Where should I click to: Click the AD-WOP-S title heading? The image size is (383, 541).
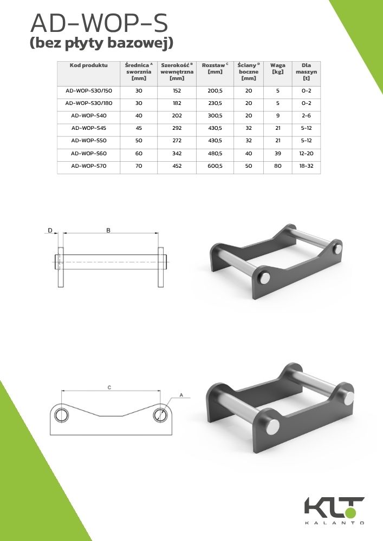[99, 24]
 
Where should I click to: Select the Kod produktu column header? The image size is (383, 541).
[88, 65]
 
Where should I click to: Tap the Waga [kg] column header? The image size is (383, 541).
[278, 68]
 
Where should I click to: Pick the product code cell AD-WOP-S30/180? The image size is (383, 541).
[89, 103]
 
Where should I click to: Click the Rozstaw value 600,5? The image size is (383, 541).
[215, 166]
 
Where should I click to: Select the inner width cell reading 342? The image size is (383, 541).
[177, 154]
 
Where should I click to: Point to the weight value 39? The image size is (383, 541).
[278, 154]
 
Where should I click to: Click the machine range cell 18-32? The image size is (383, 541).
[306, 166]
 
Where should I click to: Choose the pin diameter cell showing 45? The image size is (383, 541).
[139, 128]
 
